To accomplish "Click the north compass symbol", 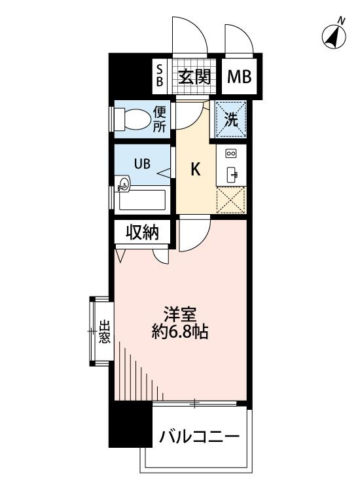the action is coord(334,35).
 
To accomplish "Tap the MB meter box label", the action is coord(239,77).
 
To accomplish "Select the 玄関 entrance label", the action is coord(194,77).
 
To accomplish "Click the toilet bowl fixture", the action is coord(132,119).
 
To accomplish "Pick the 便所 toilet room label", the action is coord(159,119).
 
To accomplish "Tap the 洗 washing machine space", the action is coord(231,119).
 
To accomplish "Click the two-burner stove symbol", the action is coord(231,153).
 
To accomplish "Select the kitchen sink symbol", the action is coord(232,173).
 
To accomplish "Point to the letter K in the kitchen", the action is coord(196,170).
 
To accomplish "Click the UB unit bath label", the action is coord(142,164).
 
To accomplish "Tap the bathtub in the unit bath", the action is coord(142,200).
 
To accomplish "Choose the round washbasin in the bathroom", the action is coord(122,183).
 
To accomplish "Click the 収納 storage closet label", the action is coord(143,232).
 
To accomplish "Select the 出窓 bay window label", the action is coord(105,332).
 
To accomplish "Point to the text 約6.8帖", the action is coord(180,331).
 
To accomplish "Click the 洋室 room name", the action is coord(180,315).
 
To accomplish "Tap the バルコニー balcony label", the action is coord(199,437).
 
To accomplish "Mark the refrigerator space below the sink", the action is coord(231,200).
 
